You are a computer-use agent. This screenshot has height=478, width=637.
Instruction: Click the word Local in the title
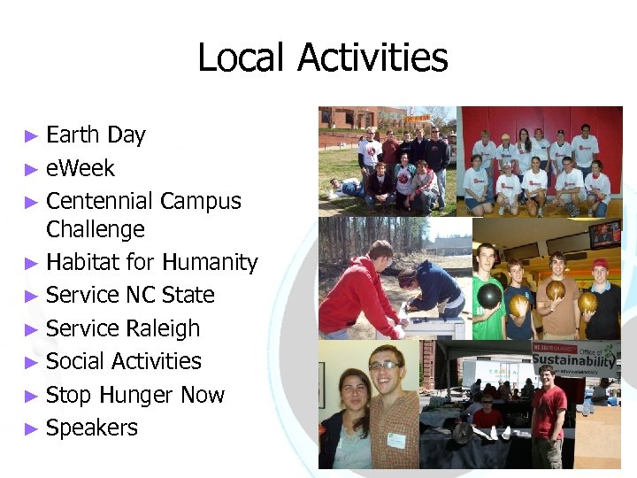[242, 58]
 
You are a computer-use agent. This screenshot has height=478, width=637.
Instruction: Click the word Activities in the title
[372, 58]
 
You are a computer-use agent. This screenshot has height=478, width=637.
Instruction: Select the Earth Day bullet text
[96, 135]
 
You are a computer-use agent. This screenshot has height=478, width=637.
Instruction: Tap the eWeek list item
[81, 168]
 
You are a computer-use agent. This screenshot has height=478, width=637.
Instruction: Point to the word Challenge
[95, 230]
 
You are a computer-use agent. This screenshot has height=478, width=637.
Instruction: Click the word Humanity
[209, 263]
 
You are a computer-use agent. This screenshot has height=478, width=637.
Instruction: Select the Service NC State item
[130, 295]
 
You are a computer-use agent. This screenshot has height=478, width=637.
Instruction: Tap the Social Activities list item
[124, 361]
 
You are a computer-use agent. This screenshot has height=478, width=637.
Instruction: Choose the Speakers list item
[92, 428]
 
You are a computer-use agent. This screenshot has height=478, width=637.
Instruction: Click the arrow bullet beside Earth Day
[31, 136]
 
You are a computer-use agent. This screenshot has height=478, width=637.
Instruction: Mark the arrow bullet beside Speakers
[31, 428]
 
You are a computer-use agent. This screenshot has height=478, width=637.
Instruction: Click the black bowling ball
[489, 296]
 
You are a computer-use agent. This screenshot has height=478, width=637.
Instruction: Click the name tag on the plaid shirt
[395, 439]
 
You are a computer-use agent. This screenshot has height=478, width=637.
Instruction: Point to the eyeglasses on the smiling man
[384, 366]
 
